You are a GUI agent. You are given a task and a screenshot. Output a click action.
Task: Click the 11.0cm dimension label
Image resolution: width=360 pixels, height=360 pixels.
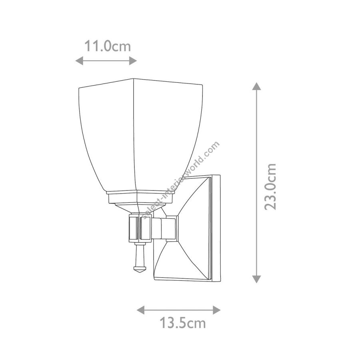(x=108, y=46)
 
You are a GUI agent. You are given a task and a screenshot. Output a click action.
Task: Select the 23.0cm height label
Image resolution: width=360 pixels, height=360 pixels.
(x=270, y=187)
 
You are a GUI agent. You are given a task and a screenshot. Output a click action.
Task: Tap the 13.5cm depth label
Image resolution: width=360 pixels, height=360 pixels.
(x=182, y=323)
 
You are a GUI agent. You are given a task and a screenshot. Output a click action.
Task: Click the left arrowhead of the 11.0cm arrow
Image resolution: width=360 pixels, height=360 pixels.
(x=79, y=61)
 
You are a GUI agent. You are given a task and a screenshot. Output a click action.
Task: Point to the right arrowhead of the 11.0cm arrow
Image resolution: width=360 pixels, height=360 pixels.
(x=133, y=61)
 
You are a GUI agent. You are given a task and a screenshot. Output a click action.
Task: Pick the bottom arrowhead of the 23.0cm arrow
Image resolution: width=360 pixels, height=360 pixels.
(x=256, y=279)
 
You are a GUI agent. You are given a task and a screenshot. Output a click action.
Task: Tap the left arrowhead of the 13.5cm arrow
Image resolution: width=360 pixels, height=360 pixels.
(x=141, y=310)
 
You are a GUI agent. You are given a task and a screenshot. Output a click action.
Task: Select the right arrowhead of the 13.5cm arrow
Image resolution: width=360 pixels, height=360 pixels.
(x=217, y=310)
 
